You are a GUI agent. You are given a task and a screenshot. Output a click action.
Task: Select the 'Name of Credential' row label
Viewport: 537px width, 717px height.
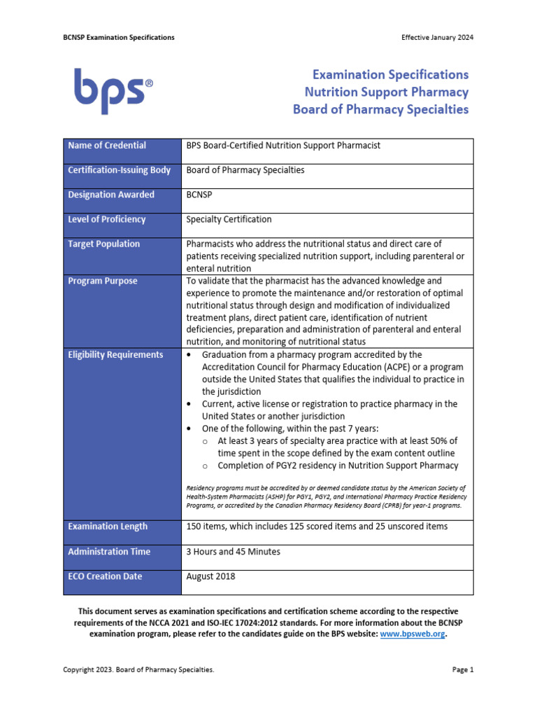[x=107, y=146]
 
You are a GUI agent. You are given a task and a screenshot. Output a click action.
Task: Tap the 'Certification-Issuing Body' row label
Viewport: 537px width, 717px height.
[x=119, y=170]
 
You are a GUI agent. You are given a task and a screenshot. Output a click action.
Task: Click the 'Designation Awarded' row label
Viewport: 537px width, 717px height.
[x=111, y=195]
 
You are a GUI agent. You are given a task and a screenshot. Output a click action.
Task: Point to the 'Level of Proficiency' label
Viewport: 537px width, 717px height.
[x=107, y=219]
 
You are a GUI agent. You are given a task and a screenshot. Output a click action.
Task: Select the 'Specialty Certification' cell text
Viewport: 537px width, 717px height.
[x=229, y=219]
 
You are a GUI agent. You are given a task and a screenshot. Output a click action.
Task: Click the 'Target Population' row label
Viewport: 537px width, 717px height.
[x=103, y=244]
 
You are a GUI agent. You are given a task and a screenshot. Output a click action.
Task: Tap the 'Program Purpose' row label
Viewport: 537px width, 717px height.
[x=102, y=281]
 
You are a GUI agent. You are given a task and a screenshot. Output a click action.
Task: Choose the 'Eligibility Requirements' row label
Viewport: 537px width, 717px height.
[x=115, y=354]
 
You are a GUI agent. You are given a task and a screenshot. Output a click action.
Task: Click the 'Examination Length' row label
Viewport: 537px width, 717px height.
[x=108, y=526]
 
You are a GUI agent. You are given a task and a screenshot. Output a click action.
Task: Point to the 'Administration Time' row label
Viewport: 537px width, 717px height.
[x=109, y=552]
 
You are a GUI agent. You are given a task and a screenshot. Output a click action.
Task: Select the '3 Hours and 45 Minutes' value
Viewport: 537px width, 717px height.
[x=233, y=552]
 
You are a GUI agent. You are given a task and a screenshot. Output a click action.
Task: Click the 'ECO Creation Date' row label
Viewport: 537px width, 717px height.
[x=105, y=576]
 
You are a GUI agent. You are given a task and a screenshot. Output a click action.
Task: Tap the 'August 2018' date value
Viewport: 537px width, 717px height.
[x=210, y=576]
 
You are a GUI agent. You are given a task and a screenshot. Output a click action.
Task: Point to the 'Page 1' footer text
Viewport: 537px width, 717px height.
[x=463, y=670]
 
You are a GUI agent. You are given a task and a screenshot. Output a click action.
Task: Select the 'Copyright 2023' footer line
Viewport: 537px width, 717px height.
[x=138, y=670]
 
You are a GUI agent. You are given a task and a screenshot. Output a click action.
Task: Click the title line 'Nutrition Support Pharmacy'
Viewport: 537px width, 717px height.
[x=386, y=92]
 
